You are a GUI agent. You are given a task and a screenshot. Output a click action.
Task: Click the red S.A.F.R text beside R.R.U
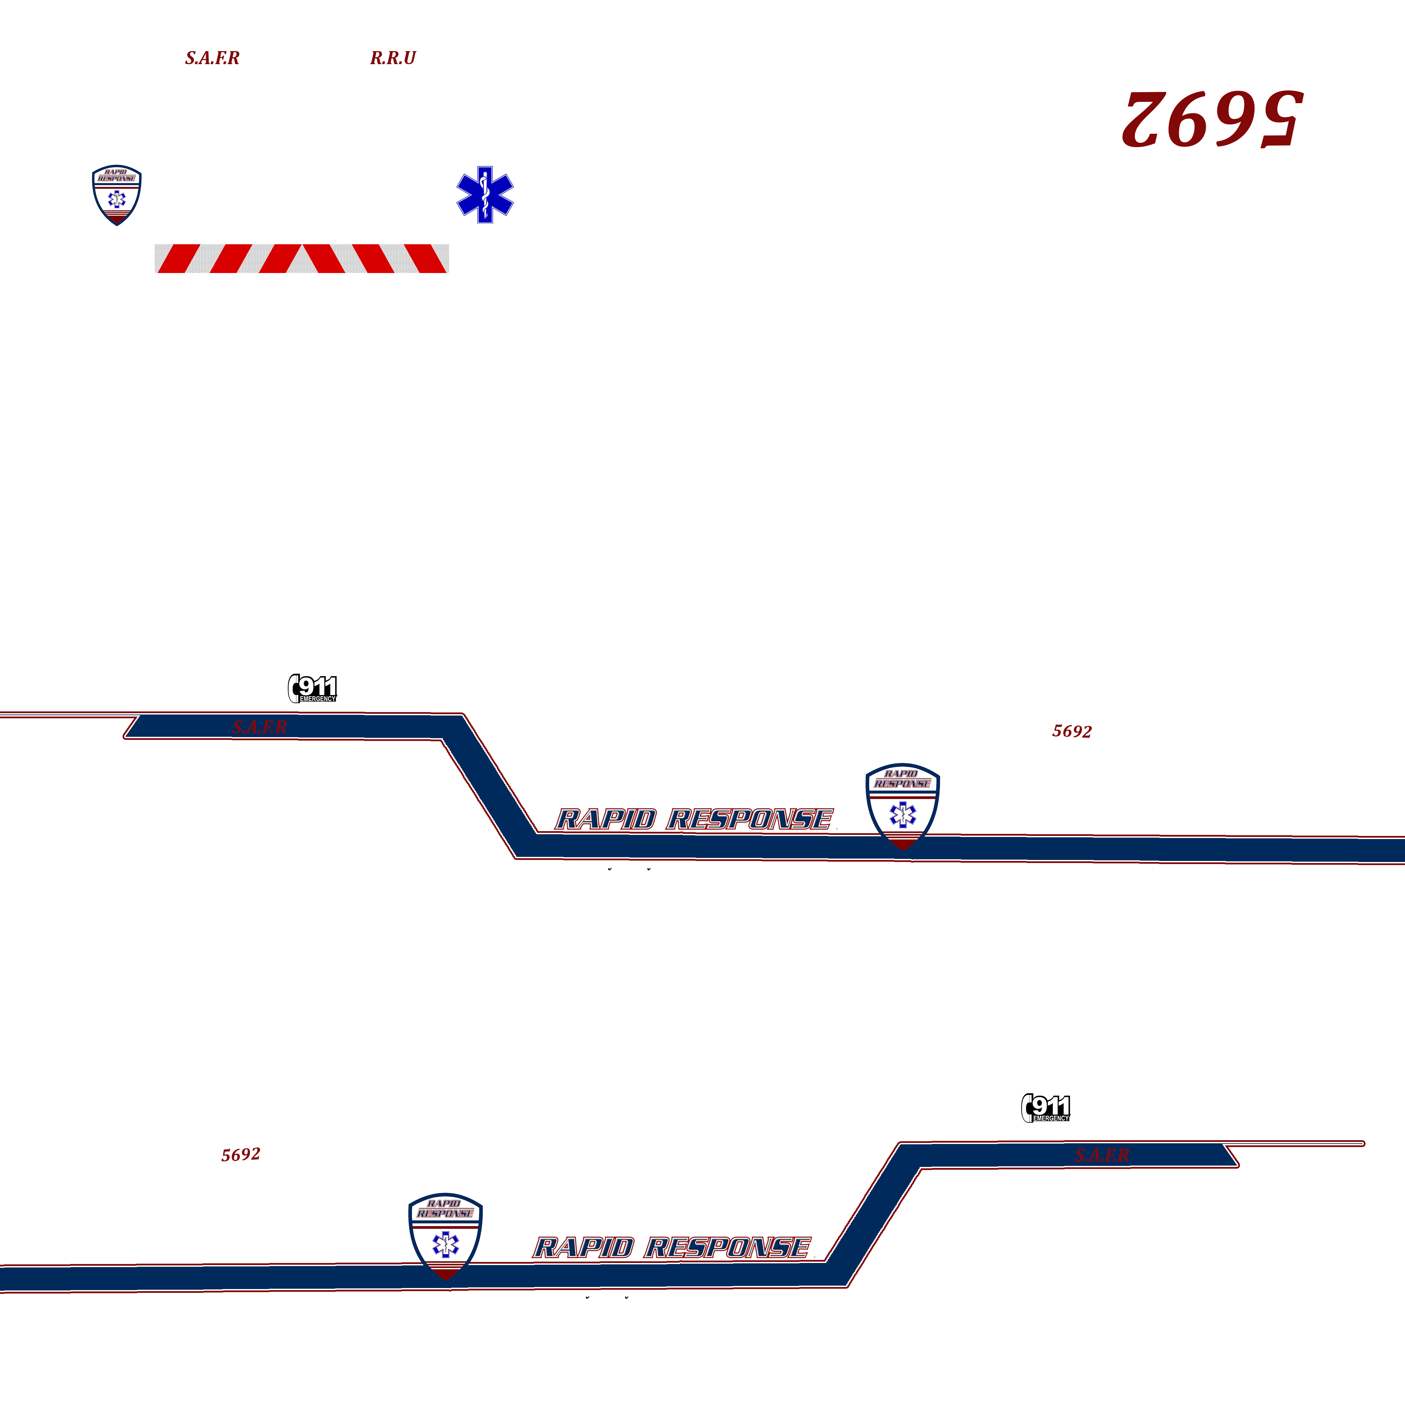(x=212, y=58)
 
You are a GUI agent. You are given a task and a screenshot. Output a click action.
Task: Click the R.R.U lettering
(x=393, y=58)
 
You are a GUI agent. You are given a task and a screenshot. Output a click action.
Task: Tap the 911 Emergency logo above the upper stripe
(x=313, y=688)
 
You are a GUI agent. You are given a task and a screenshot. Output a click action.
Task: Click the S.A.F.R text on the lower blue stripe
(x=1102, y=1155)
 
